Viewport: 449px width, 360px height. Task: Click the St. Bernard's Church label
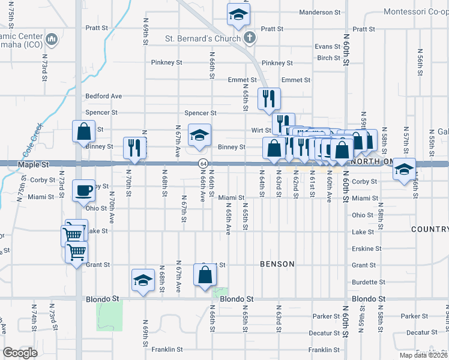(x=203, y=39)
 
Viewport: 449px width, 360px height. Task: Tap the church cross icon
(x=250, y=38)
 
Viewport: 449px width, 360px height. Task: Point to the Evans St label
(x=328, y=47)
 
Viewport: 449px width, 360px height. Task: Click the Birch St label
(x=329, y=58)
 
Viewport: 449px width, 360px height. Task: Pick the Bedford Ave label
(x=103, y=96)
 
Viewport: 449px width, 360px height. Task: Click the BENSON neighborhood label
(x=277, y=264)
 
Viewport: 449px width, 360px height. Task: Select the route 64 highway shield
(x=204, y=164)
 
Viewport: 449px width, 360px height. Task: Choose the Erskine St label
(x=366, y=248)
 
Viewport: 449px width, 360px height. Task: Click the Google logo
(x=20, y=353)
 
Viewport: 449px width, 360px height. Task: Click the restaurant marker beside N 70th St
(x=134, y=148)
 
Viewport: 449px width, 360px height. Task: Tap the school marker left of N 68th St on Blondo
(x=143, y=280)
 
